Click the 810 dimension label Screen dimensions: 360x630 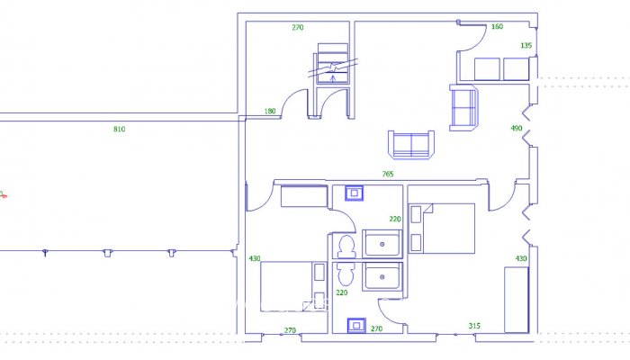(120, 130)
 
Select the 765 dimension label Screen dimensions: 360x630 (388, 174)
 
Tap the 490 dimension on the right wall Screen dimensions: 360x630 (517, 129)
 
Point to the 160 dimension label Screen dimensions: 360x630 (497, 27)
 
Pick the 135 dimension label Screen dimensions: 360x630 (526, 45)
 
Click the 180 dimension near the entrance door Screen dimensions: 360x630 (270, 111)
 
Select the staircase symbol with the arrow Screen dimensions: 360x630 (333, 68)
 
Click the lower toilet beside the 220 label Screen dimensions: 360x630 (343, 274)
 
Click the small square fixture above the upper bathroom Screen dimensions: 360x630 (355, 192)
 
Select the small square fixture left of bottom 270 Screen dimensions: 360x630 (355, 326)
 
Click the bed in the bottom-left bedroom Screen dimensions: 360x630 (291, 286)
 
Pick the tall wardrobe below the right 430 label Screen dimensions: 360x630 (516, 299)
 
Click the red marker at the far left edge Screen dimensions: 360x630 (3, 193)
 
